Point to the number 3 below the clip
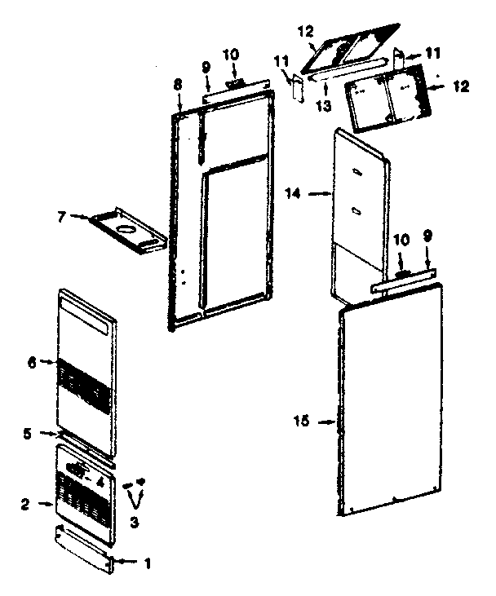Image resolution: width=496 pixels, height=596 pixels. coord(135,521)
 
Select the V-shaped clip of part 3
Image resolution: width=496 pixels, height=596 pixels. coord(135,494)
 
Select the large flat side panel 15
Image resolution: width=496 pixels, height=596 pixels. coord(392,400)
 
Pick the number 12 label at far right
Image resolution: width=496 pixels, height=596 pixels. coord(462,86)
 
